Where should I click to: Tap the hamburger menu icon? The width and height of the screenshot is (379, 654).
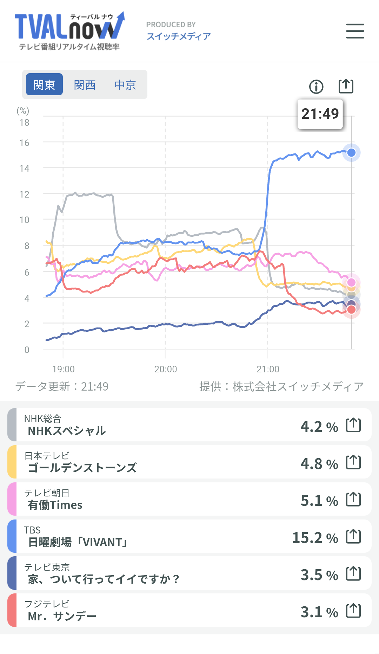(x=355, y=31)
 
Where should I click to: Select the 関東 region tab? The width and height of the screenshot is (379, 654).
(x=44, y=84)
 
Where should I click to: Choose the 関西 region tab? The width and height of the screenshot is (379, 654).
(x=85, y=85)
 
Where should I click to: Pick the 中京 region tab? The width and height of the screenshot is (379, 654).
(x=125, y=85)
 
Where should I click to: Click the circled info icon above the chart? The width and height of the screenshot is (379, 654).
(x=316, y=87)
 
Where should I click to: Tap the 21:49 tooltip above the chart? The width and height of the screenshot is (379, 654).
(x=320, y=114)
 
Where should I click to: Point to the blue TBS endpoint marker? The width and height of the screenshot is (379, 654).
(x=351, y=153)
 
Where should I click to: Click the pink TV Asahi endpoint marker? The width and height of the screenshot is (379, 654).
(x=351, y=282)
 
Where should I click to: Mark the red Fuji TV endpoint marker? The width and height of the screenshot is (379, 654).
(x=351, y=309)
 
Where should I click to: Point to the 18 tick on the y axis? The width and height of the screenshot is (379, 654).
(x=24, y=123)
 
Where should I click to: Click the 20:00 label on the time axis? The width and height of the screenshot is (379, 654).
(x=166, y=369)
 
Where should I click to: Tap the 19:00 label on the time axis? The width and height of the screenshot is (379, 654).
(x=63, y=369)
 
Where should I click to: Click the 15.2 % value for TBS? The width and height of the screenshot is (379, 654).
(x=315, y=538)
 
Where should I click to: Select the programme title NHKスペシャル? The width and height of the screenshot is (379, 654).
(x=67, y=431)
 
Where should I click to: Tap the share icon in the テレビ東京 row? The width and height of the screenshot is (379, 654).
(x=353, y=573)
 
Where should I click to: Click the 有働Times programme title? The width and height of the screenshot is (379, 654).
(x=55, y=505)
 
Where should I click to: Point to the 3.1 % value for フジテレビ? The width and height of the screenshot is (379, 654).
(x=319, y=612)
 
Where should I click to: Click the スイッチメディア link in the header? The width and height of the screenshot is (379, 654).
(x=179, y=36)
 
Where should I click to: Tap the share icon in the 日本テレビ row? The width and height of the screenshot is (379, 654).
(x=353, y=462)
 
